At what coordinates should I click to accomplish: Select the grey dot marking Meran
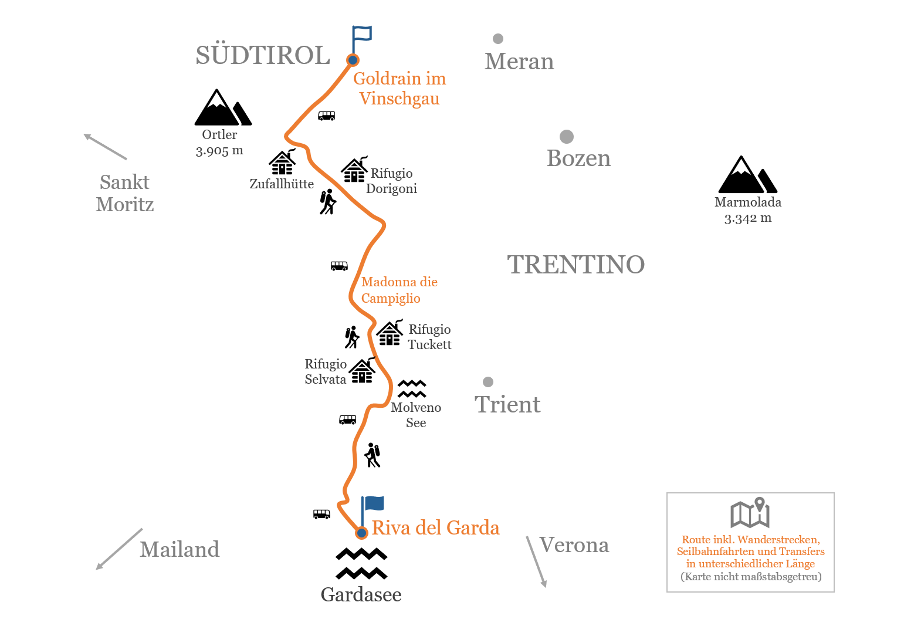click(x=498, y=39)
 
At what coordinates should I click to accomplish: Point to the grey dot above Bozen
click(x=567, y=137)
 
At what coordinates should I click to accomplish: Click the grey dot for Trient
click(x=488, y=382)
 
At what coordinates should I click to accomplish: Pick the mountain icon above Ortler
click(x=223, y=107)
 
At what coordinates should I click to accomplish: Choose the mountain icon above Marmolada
click(x=747, y=174)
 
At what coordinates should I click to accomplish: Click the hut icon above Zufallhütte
click(x=282, y=162)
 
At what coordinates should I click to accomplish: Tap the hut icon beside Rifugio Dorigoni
click(x=354, y=169)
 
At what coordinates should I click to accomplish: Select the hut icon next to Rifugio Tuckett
click(x=390, y=333)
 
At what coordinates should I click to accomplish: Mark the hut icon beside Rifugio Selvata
click(x=362, y=370)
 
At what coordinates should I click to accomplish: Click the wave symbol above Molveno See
click(x=412, y=388)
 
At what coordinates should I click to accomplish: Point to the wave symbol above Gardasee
click(x=361, y=563)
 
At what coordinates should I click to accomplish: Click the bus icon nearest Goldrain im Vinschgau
click(x=327, y=116)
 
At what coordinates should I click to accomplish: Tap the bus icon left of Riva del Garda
click(x=321, y=514)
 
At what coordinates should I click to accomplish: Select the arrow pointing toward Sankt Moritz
click(x=106, y=147)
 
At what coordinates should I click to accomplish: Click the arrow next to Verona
click(x=536, y=561)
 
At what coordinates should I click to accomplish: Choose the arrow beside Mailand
click(x=119, y=549)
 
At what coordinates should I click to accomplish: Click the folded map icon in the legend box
click(x=750, y=513)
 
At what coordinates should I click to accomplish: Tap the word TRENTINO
click(x=576, y=265)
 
